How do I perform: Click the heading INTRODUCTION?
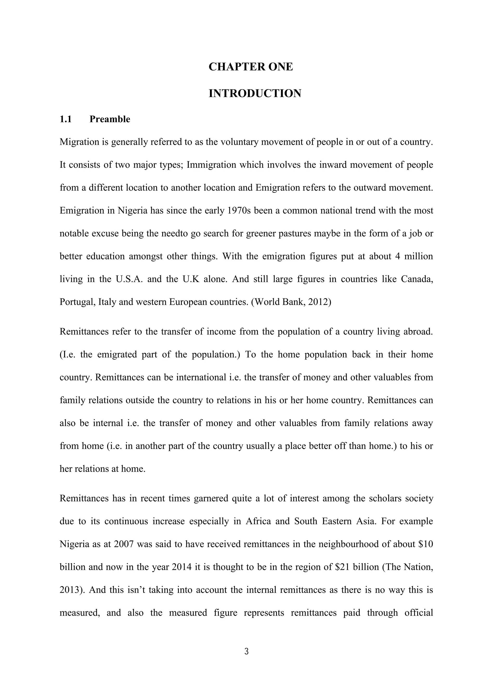[x=255, y=93]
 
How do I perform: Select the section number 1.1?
[x=65, y=119]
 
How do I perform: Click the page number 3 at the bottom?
[x=246, y=651]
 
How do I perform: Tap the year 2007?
[x=124, y=544]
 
